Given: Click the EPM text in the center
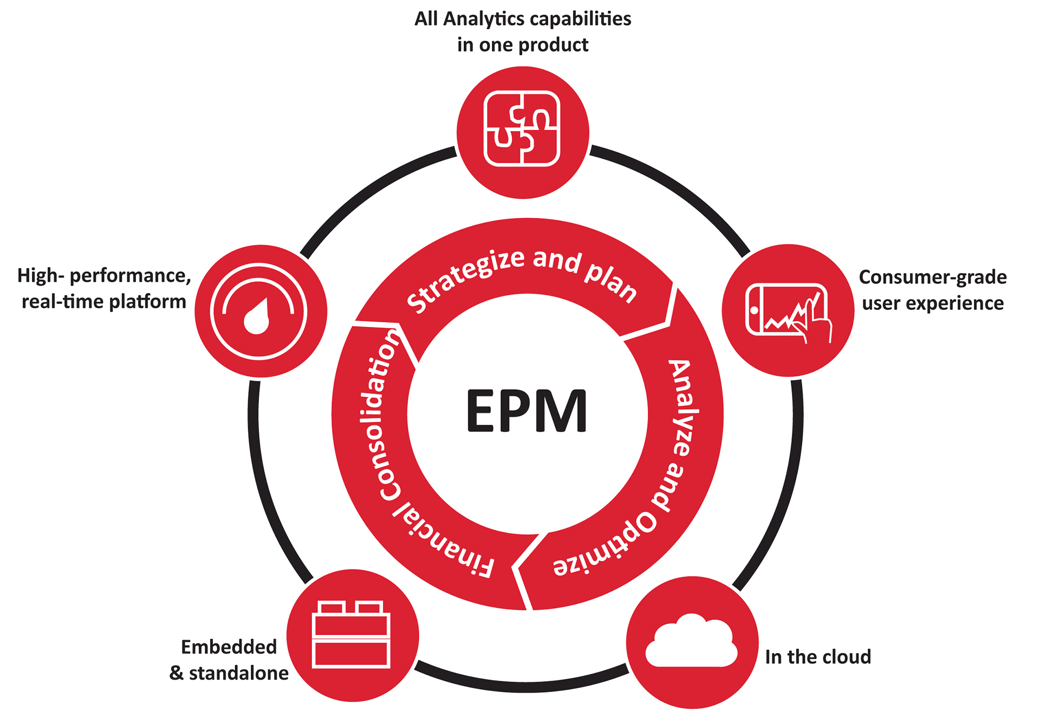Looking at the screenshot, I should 526,411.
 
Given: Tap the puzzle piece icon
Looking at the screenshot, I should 522,128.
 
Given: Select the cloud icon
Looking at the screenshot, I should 692,642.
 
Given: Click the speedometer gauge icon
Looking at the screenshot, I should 259,312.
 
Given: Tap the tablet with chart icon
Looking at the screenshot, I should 788,311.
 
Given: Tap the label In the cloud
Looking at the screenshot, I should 817,657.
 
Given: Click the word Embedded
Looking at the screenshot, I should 229,647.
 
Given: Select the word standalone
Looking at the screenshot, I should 238,673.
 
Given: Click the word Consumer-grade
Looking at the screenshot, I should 932,277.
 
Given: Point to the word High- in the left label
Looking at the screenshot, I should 41,275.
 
